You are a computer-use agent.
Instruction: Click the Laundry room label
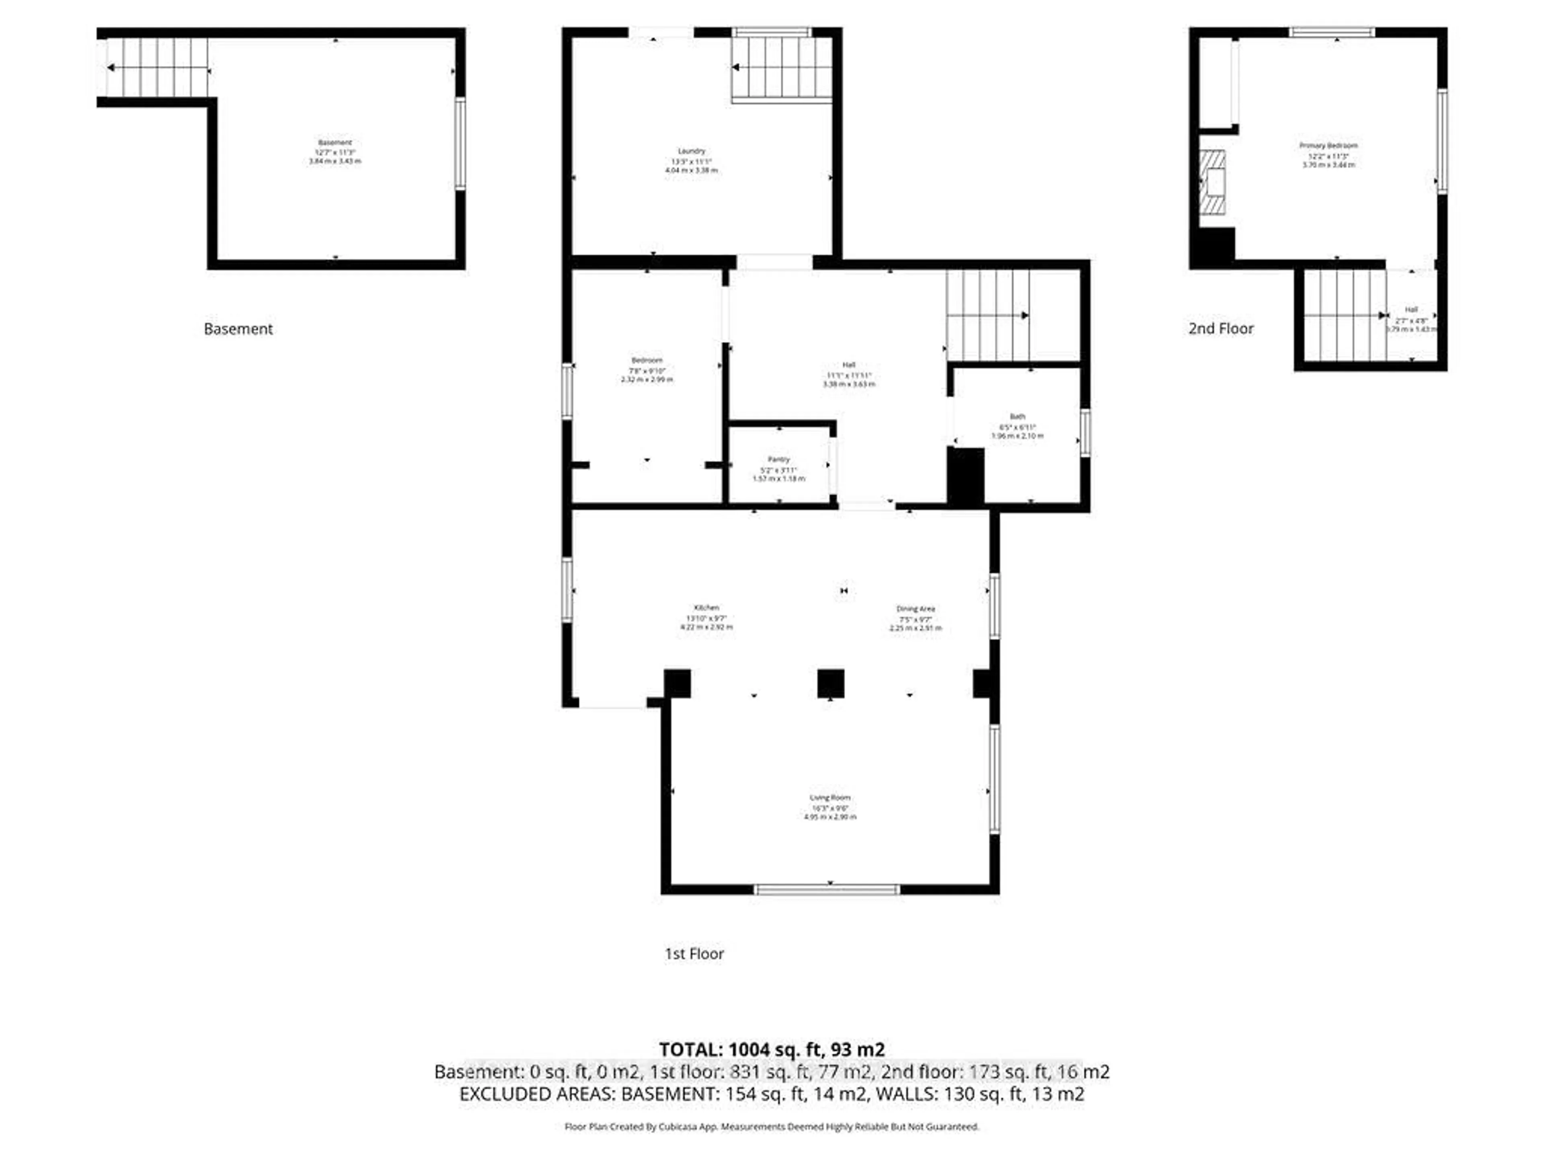pyautogui.click(x=691, y=151)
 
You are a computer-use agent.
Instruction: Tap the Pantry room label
pyautogui.click(x=778, y=459)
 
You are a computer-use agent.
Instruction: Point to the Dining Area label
pyautogui.click(x=915, y=609)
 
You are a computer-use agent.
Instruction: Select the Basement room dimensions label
pyautogui.click(x=335, y=152)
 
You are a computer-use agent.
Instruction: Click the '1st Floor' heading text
pyautogui.click(x=694, y=953)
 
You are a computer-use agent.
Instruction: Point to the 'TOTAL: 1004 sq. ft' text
pyautogui.click(x=771, y=1049)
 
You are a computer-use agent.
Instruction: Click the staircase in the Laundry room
pyautogui.click(x=782, y=67)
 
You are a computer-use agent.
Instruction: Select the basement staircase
pyautogui.click(x=158, y=68)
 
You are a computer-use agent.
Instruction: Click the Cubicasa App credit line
pyautogui.click(x=771, y=1127)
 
